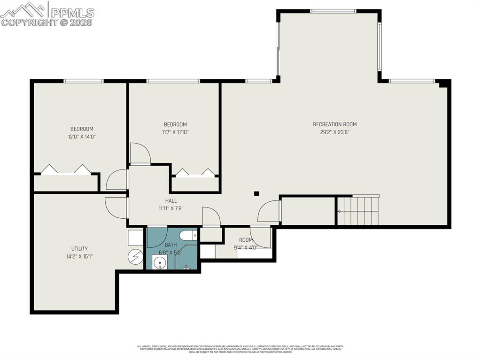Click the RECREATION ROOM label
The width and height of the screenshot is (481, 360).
334,124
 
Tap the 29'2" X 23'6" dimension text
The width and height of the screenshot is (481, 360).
334,132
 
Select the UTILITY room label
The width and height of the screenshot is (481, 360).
79,249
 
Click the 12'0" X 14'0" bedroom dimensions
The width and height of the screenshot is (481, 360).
82,137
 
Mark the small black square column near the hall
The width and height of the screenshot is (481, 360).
256,193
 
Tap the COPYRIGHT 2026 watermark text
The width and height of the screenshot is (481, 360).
47,22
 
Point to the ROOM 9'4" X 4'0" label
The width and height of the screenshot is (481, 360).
246,243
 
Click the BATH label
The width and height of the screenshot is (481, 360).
171,245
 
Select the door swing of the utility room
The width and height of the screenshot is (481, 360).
115,207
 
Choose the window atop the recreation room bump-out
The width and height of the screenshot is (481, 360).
333,11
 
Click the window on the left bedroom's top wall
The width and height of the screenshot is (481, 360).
84,81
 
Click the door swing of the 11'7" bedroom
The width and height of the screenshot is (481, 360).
140,153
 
